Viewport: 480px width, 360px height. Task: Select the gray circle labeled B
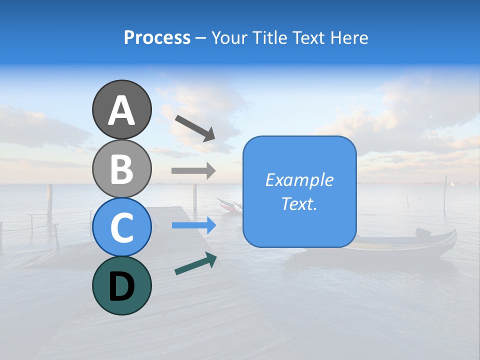(x=121, y=169)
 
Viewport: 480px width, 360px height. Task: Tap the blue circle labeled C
(x=121, y=227)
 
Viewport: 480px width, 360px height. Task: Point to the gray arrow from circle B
(x=193, y=170)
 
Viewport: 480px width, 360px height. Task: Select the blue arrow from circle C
(x=193, y=225)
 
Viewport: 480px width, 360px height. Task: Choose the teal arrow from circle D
(x=195, y=264)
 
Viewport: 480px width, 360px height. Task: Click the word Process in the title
(x=157, y=38)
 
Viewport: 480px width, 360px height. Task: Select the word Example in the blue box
(x=299, y=180)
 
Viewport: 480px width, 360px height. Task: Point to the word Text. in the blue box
(x=299, y=203)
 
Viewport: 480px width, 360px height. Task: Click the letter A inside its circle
(x=121, y=111)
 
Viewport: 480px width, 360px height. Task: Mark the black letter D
(x=121, y=287)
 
